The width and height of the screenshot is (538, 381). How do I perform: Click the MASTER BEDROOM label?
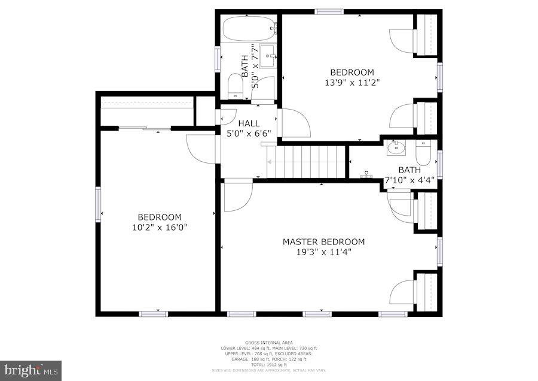pyautogui.click(x=323, y=241)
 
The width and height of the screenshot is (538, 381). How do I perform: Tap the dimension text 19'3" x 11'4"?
pyautogui.click(x=323, y=252)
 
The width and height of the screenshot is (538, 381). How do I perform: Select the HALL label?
pyautogui.click(x=249, y=123)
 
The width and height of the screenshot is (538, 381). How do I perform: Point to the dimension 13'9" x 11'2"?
pyautogui.click(x=352, y=83)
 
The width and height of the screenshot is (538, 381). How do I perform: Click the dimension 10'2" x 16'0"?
pyautogui.click(x=159, y=228)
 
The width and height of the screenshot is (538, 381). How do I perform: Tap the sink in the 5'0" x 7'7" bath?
pyautogui.click(x=267, y=56)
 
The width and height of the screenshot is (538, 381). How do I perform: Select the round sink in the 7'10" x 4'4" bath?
pyautogui.click(x=395, y=147)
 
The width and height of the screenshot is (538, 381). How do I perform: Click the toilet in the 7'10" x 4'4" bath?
pyautogui.click(x=423, y=152)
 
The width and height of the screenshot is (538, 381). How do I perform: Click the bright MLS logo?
pyautogui.click(x=31, y=370)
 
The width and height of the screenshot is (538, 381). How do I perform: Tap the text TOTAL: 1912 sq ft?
pyautogui.click(x=268, y=365)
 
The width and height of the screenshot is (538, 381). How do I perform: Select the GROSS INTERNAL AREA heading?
pyautogui.click(x=268, y=342)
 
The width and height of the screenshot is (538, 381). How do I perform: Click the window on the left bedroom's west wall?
pyautogui.click(x=97, y=204)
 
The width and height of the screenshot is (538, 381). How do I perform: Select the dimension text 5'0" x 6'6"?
pyautogui.click(x=249, y=134)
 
